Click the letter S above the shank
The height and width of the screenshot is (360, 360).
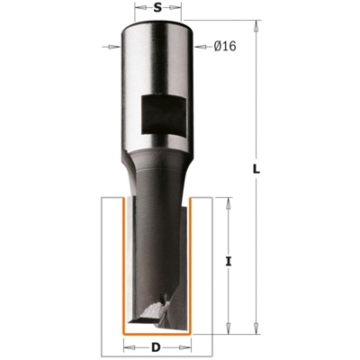tap(158, 9)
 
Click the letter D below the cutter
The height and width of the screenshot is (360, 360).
tap(158, 346)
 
